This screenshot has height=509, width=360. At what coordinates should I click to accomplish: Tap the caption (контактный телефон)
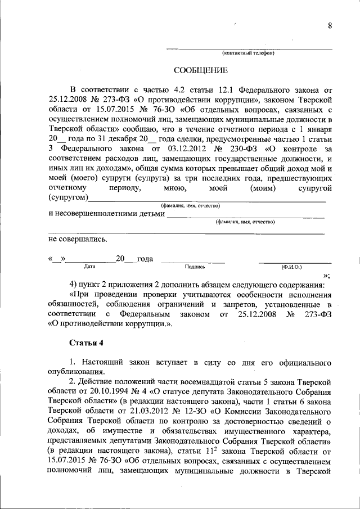[247, 53]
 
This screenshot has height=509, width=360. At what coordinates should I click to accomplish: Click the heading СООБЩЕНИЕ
[200, 71]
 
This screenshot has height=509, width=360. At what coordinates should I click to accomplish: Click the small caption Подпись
[194, 267]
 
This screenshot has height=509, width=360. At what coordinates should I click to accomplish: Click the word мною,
[167, 188]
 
